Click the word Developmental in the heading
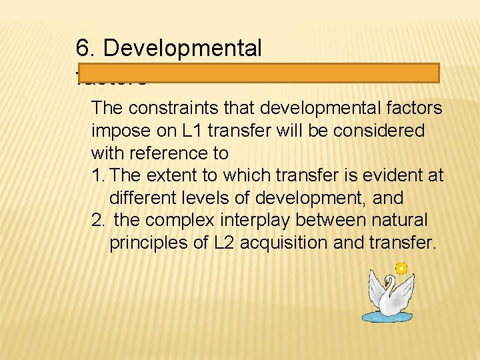pyautogui.click(x=183, y=48)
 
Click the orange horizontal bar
pyautogui.click(x=257, y=73)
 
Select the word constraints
pyautogui.click(x=169, y=107)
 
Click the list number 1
pyautogui.click(x=97, y=175)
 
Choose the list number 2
pyautogui.click(x=98, y=220)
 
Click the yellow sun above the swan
pyautogui.click(x=401, y=269)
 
